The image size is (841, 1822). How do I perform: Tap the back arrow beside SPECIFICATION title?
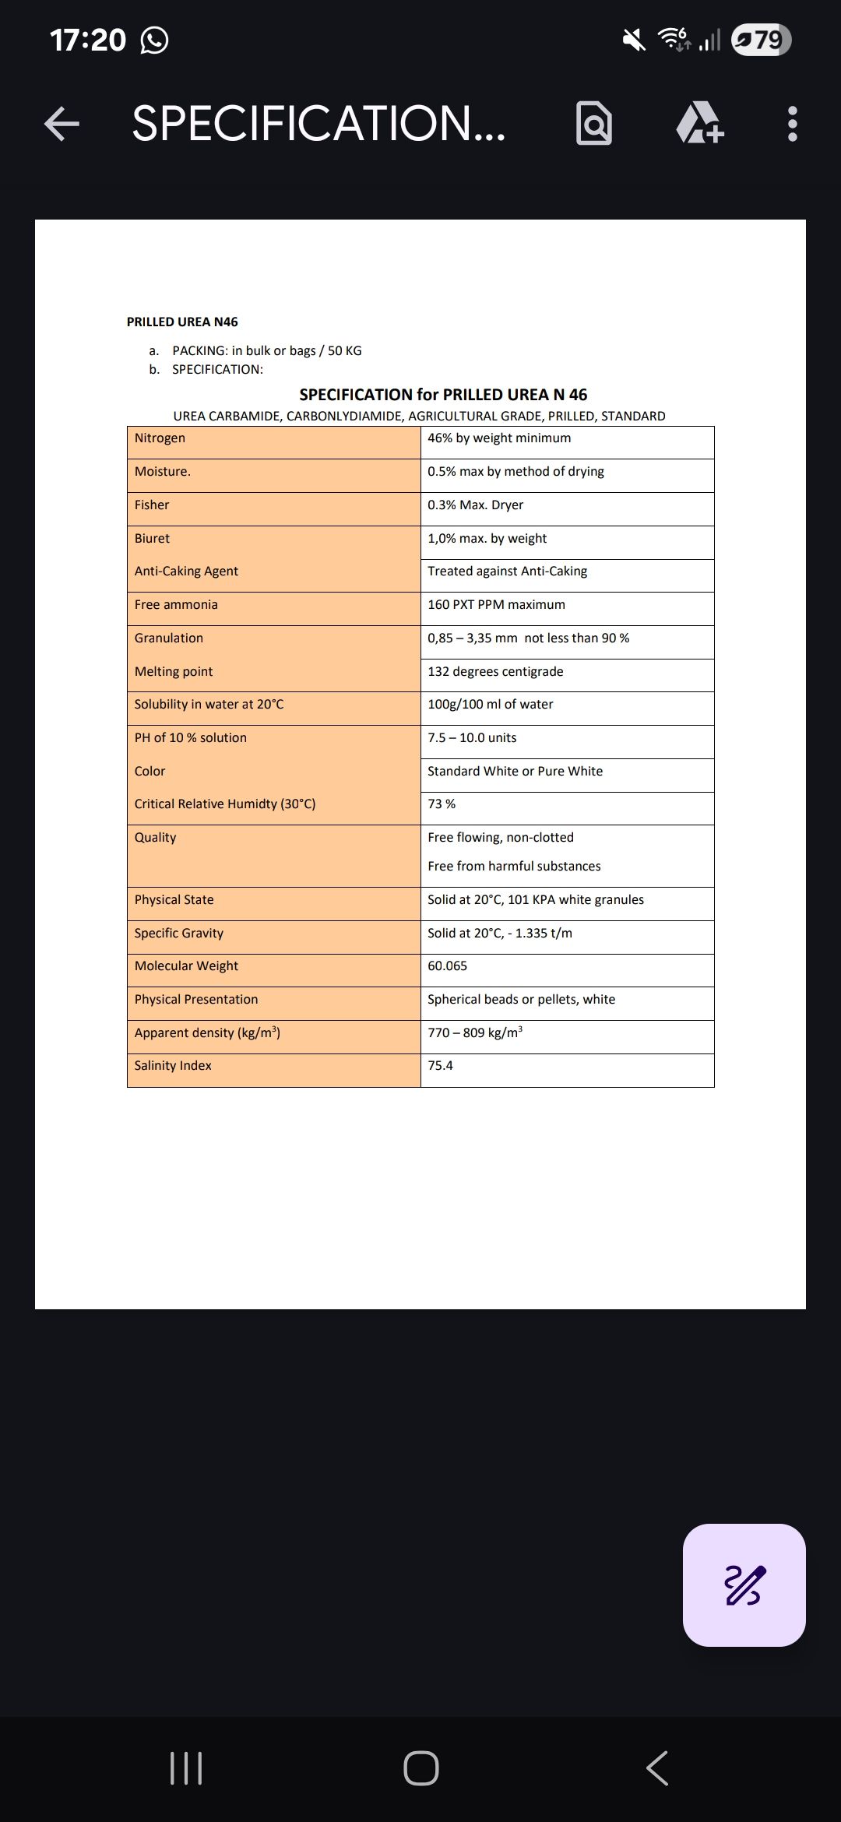62,124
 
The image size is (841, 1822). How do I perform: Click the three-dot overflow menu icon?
792,124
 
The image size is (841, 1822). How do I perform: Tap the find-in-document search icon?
594,124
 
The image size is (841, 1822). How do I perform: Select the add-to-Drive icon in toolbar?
699,124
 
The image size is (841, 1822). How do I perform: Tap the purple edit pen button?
744,1585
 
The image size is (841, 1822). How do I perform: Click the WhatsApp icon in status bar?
154,40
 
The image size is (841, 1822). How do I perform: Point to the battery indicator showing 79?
762,40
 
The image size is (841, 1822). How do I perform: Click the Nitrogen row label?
160,438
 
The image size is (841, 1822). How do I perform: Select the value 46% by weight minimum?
499,438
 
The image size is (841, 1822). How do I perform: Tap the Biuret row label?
152,539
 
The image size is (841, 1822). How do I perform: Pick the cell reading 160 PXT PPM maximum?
496,605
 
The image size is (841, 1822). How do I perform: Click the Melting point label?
173,672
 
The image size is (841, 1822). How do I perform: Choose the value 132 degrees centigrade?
495,672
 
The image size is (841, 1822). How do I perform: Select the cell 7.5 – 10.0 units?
472,738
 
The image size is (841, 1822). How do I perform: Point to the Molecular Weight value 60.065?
447,966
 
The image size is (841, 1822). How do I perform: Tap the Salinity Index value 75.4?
440,1066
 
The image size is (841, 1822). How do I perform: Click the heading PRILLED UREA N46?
182,322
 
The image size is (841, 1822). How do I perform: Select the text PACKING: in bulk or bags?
266,351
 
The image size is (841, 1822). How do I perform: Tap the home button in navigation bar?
420,1767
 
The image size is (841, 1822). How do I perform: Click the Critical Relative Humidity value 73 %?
442,804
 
